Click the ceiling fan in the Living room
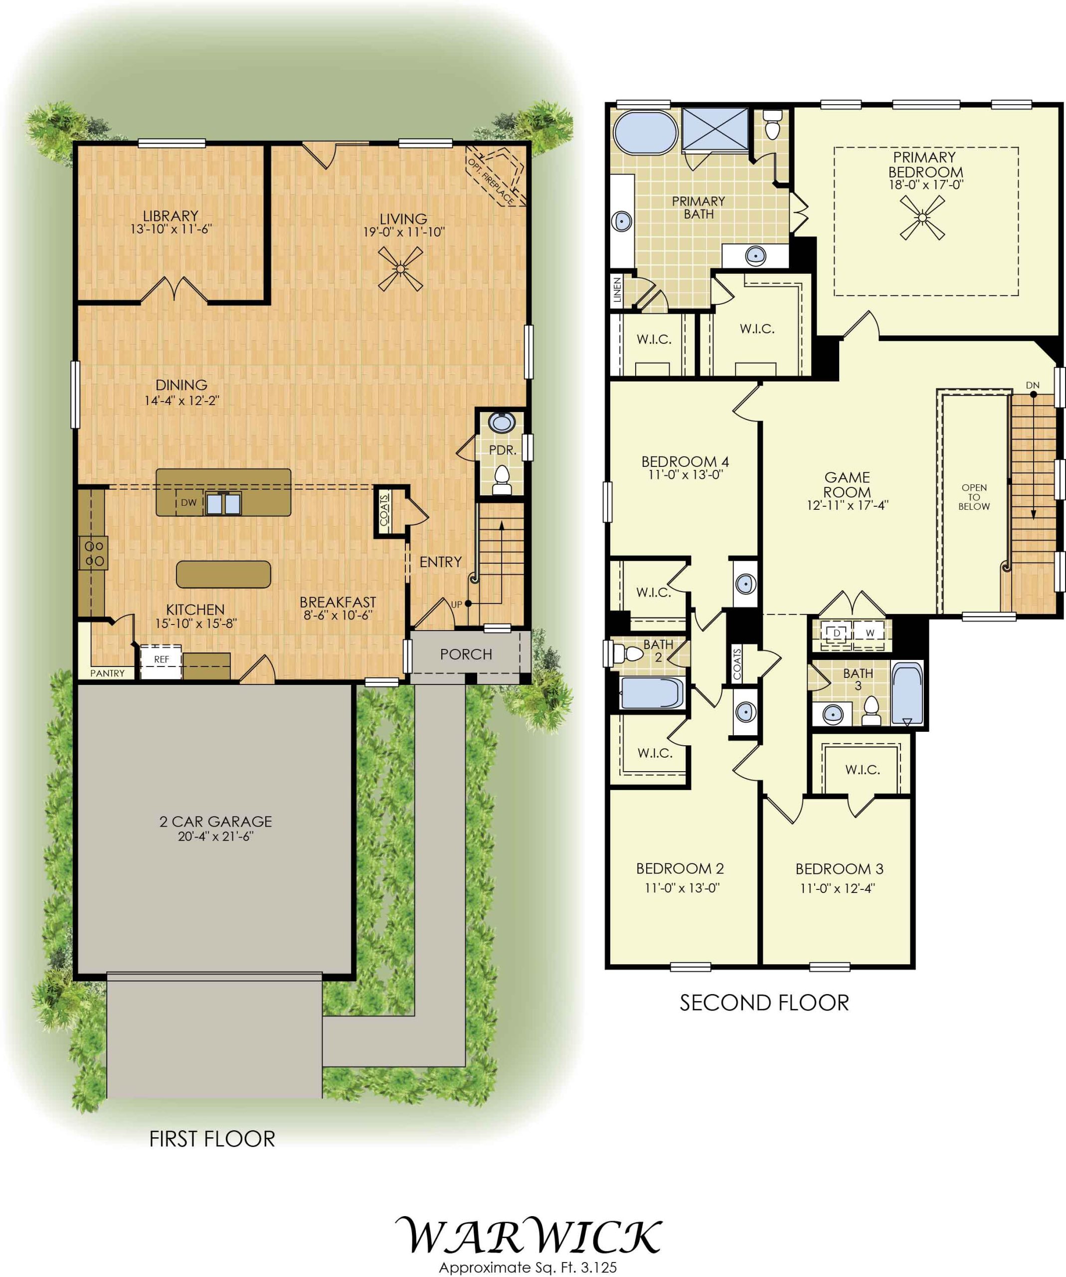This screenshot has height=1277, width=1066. (x=400, y=269)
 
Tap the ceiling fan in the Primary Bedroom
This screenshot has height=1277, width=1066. (x=922, y=217)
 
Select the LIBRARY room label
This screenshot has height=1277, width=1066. (x=171, y=216)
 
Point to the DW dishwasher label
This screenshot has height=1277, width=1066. (x=188, y=503)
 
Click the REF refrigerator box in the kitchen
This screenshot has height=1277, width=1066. (x=161, y=661)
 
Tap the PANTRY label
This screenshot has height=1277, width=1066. (x=108, y=673)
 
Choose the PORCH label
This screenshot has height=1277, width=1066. (x=466, y=654)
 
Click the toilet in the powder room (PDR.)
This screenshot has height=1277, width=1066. (x=502, y=479)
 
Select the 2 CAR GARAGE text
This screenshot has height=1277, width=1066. (x=216, y=822)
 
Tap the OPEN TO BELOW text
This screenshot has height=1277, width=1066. (x=974, y=497)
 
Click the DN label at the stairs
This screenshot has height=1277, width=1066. (x=1033, y=385)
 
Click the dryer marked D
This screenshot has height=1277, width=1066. (x=837, y=633)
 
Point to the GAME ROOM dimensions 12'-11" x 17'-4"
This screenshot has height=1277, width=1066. (x=848, y=505)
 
